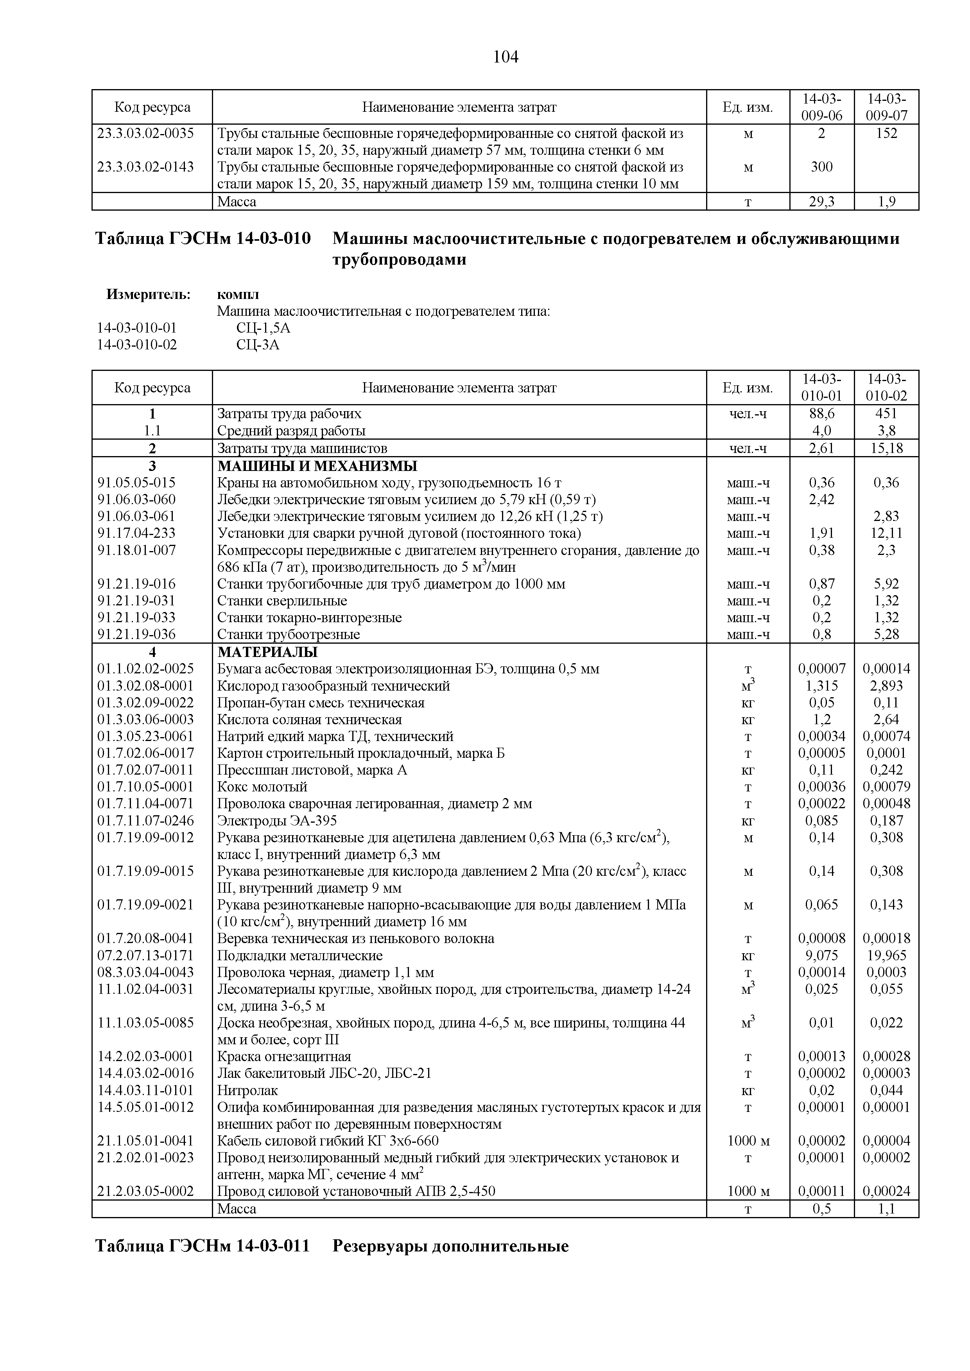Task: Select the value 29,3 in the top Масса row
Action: pyautogui.click(x=821, y=202)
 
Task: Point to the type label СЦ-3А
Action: pyautogui.click(x=257, y=345)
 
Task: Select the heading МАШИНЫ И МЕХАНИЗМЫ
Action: pyautogui.click(x=317, y=466)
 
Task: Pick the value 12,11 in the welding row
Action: pyautogui.click(x=886, y=533)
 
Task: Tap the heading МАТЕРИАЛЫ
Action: pyautogui.click(x=267, y=651)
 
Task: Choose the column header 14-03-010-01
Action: pyautogui.click(x=821, y=388)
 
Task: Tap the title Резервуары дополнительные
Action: pyautogui.click(x=450, y=1246)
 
